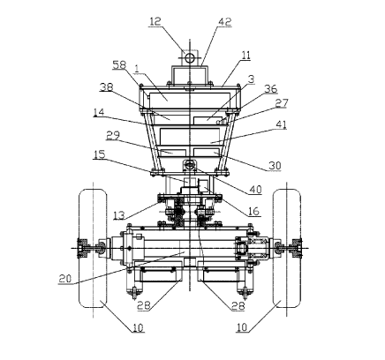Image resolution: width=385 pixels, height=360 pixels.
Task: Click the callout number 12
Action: click(x=155, y=21)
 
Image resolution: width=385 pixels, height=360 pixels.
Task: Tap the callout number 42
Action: click(x=225, y=22)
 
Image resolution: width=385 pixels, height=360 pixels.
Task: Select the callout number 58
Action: click(x=119, y=65)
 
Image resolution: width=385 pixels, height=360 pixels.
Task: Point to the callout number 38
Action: click(x=107, y=86)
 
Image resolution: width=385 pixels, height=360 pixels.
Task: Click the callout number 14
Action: click(x=99, y=112)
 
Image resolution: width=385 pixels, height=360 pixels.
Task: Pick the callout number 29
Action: click(x=113, y=135)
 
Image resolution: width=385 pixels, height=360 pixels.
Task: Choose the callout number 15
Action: click(x=100, y=154)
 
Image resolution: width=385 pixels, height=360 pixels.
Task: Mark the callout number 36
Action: click(x=270, y=88)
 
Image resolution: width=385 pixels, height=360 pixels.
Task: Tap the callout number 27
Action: click(x=282, y=103)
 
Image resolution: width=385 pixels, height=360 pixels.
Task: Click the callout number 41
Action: click(x=281, y=124)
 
